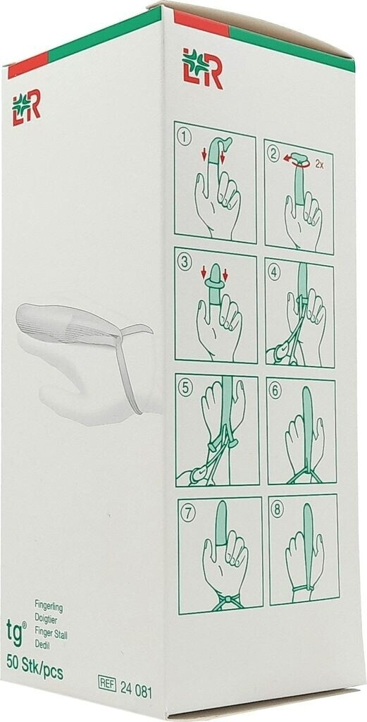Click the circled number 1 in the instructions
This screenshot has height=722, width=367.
[x=185, y=137]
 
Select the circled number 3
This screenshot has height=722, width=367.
[x=185, y=263]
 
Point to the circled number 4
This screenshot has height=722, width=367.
[x=275, y=273]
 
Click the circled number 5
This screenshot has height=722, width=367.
[x=186, y=388]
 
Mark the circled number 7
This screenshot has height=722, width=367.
[x=187, y=514]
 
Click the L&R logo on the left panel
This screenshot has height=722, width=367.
[x=26, y=107]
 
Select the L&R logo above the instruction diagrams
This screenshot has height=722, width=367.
[x=202, y=68]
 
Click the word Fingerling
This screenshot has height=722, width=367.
[x=49, y=608]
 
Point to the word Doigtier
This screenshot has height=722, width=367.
[x=46, y=618]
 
